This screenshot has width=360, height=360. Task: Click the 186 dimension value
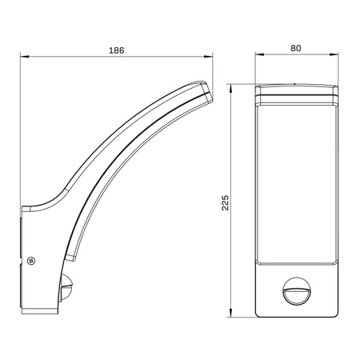click(117, 50)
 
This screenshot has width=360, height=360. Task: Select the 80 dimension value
click(296, 48)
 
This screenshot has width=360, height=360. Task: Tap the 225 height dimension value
click(226, 202)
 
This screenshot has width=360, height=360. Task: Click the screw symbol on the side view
click(31, 261)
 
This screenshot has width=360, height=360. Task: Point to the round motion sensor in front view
click(296, 291)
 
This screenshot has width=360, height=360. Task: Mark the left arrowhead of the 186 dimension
click(24, 56)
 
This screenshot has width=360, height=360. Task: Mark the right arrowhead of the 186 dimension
click(209, 56)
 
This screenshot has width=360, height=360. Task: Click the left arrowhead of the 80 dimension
click(259, 54)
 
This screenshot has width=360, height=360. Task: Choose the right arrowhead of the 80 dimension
click(334, 54)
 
